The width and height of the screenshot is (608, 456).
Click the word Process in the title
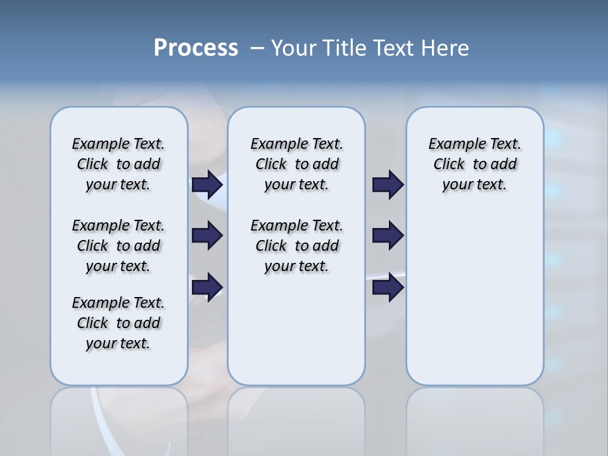(196, 48)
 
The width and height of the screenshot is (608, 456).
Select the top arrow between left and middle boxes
(207, 184)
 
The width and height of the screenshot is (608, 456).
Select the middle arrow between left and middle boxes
(207, 236)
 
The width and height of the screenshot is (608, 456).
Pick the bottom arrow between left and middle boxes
(207, 288)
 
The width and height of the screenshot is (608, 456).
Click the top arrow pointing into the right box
(388, 184)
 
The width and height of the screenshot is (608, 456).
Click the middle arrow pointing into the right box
(388, 236)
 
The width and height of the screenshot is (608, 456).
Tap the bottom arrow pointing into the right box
(388, 288)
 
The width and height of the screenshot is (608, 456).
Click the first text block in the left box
(118, 164)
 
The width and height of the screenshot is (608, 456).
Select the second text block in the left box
(118, 246)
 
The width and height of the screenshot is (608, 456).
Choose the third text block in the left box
(118, 323)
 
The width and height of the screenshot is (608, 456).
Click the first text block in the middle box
(296, 164)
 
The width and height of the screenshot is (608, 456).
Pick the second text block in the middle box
(296, 246)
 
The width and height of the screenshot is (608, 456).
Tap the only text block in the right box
(474, 164)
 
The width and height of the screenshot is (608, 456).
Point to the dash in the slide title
(257, 48)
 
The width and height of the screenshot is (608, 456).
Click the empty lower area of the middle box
(296, 329)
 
